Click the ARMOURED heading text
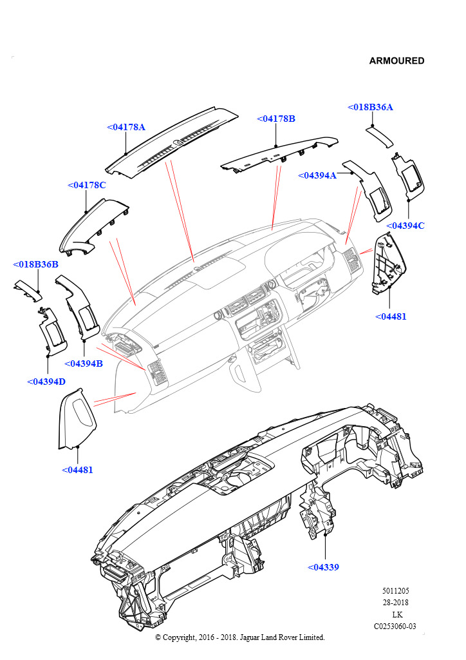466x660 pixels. click(396, 61)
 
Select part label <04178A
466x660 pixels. click(126, 127)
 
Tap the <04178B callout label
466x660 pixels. click(276, 119)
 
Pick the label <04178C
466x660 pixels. click(86, 185)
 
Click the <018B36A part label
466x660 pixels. click(370, 107)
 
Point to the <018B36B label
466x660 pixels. click(36, 264)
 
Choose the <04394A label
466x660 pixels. click(317, 175)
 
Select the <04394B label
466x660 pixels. click(84, 364)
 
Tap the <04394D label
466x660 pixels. click(46, 382)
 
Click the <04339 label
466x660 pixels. click(323, 567)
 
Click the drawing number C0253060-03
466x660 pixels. click(395, 626)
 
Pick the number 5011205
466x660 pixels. click(395, 590)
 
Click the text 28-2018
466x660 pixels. click(395, 603)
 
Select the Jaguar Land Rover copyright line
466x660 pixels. click(240, 637)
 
